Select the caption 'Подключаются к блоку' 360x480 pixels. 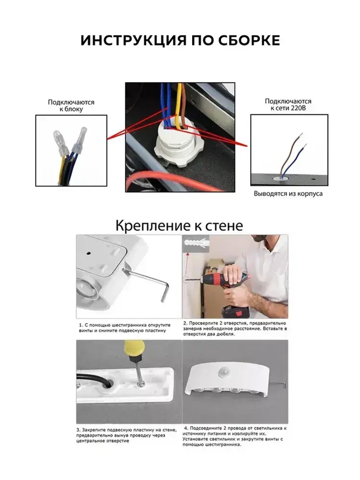point(71,106)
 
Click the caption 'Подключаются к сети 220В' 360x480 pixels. point(288,104)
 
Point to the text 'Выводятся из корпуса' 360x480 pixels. point(288,194)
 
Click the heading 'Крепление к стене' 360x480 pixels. point(179,226)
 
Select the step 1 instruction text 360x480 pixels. point(125,328)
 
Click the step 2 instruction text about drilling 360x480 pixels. point(235,328)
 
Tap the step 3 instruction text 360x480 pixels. point(126,435)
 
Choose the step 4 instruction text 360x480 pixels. point(234,436)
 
